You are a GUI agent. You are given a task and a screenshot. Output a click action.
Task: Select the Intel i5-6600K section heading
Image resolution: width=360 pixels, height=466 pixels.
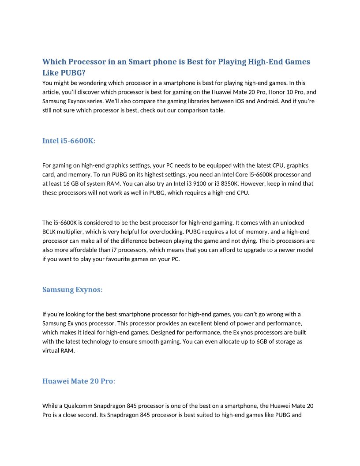(x=68, y=141)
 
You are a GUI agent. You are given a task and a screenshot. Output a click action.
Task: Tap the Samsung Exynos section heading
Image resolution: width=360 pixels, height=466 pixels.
(x=72, y=289)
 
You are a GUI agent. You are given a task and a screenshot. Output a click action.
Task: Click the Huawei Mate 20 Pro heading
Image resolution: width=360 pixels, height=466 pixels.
(x=78, y=381)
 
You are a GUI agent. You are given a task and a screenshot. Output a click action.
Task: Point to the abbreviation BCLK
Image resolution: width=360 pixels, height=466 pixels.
(x=50, y=232)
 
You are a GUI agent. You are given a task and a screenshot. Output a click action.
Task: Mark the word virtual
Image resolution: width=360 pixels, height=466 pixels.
(x=51, y=351)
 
